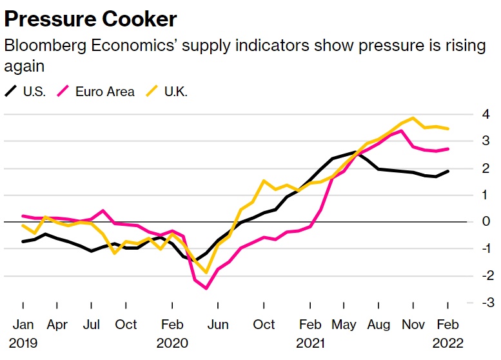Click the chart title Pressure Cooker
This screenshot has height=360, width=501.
90,19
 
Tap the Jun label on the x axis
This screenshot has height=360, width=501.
218,324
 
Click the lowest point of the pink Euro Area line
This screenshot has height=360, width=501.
206,288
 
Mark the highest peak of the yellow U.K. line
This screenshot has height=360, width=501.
413,118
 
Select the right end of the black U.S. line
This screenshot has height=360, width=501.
448,171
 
